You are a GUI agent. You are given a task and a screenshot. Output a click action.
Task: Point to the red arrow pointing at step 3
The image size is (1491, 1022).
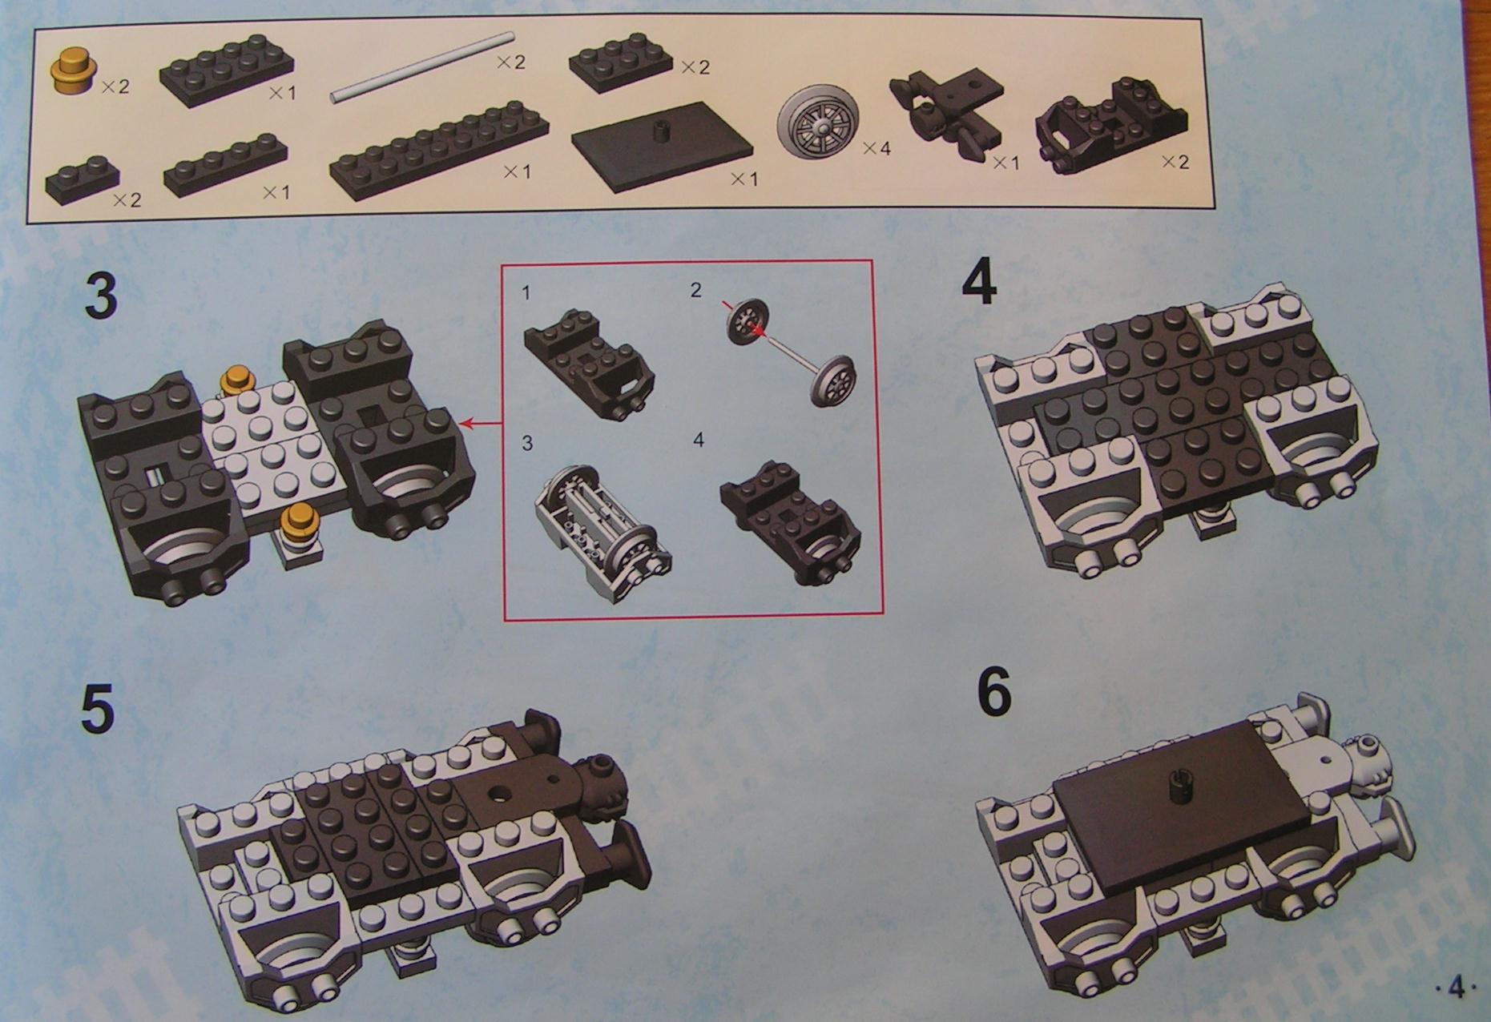click(x=483, y=420)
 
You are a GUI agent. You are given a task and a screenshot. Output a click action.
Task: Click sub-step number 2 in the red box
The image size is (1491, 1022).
click(x=695, y=290)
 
